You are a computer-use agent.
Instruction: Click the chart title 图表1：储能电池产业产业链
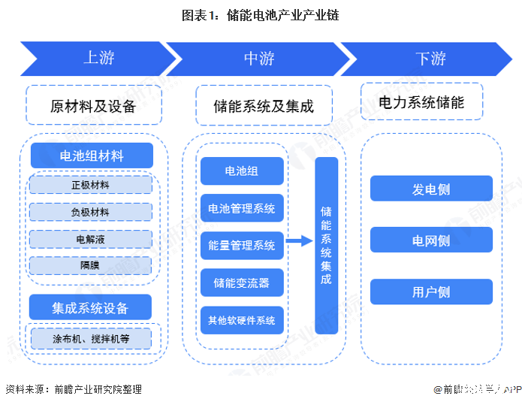(260, 14)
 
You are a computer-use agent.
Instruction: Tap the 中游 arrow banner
(259, 59)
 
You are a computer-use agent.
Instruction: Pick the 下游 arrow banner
(429, 59)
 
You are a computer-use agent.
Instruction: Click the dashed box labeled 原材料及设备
(94, 105)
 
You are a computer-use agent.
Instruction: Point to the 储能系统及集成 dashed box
(262, 105)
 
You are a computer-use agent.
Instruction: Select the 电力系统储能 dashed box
(421, 102)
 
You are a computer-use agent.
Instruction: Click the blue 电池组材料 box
(92, 156)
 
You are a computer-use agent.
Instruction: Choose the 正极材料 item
(90, 185)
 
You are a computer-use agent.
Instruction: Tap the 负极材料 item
(90, 212)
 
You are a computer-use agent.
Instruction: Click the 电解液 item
(90, 239)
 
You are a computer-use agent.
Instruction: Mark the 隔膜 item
(90, 265)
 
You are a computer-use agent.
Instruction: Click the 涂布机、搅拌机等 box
(90, 339)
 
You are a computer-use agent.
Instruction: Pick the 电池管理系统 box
(241, 208)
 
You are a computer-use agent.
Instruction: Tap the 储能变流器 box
(241, 283)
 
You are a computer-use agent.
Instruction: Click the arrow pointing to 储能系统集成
(299, 241)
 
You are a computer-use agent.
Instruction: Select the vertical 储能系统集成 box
(326, 245)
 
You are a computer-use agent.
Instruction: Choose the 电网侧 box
(431, 240)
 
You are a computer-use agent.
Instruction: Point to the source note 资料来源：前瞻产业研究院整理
(74, 389)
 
